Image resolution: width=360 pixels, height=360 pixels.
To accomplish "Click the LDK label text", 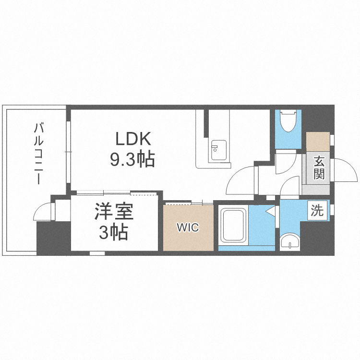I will click(x=133, y=139).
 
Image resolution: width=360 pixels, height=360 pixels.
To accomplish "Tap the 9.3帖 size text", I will click(x=132, y=158).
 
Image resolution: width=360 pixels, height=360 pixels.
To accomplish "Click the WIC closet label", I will click(x=187, y=228).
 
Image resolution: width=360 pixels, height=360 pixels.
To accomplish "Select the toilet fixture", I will click(x=288, y=122).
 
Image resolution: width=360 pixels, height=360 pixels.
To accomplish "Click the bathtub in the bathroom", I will click(x=233, y=225).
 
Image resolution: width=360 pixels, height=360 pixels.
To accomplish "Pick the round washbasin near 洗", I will click(x=290, y=241).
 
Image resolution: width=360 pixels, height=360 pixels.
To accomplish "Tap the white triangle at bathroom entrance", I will click(x=271, y=211).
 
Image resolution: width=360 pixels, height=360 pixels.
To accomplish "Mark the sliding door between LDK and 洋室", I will click(x=115, y=193).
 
